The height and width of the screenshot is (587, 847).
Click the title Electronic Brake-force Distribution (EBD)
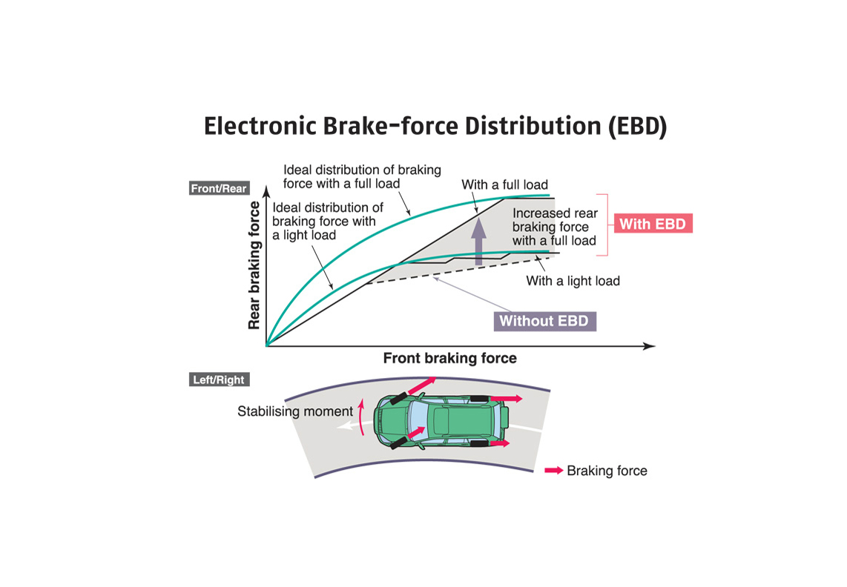[435, 126]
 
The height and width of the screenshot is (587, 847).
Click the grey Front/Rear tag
[219, 189]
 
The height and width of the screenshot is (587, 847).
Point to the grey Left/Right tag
[218, 380]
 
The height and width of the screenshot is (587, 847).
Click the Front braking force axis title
[449, 359]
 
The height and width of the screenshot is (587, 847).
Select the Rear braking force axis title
[254, 265]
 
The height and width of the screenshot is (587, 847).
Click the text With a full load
[504, 185]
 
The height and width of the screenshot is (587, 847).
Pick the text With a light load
[573, 281]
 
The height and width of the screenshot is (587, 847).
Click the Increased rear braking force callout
[555, 227]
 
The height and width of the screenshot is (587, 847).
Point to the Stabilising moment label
[295, 411]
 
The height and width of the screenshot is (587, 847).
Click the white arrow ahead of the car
[346, 426]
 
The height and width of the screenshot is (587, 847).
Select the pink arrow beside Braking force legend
[553, 471]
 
